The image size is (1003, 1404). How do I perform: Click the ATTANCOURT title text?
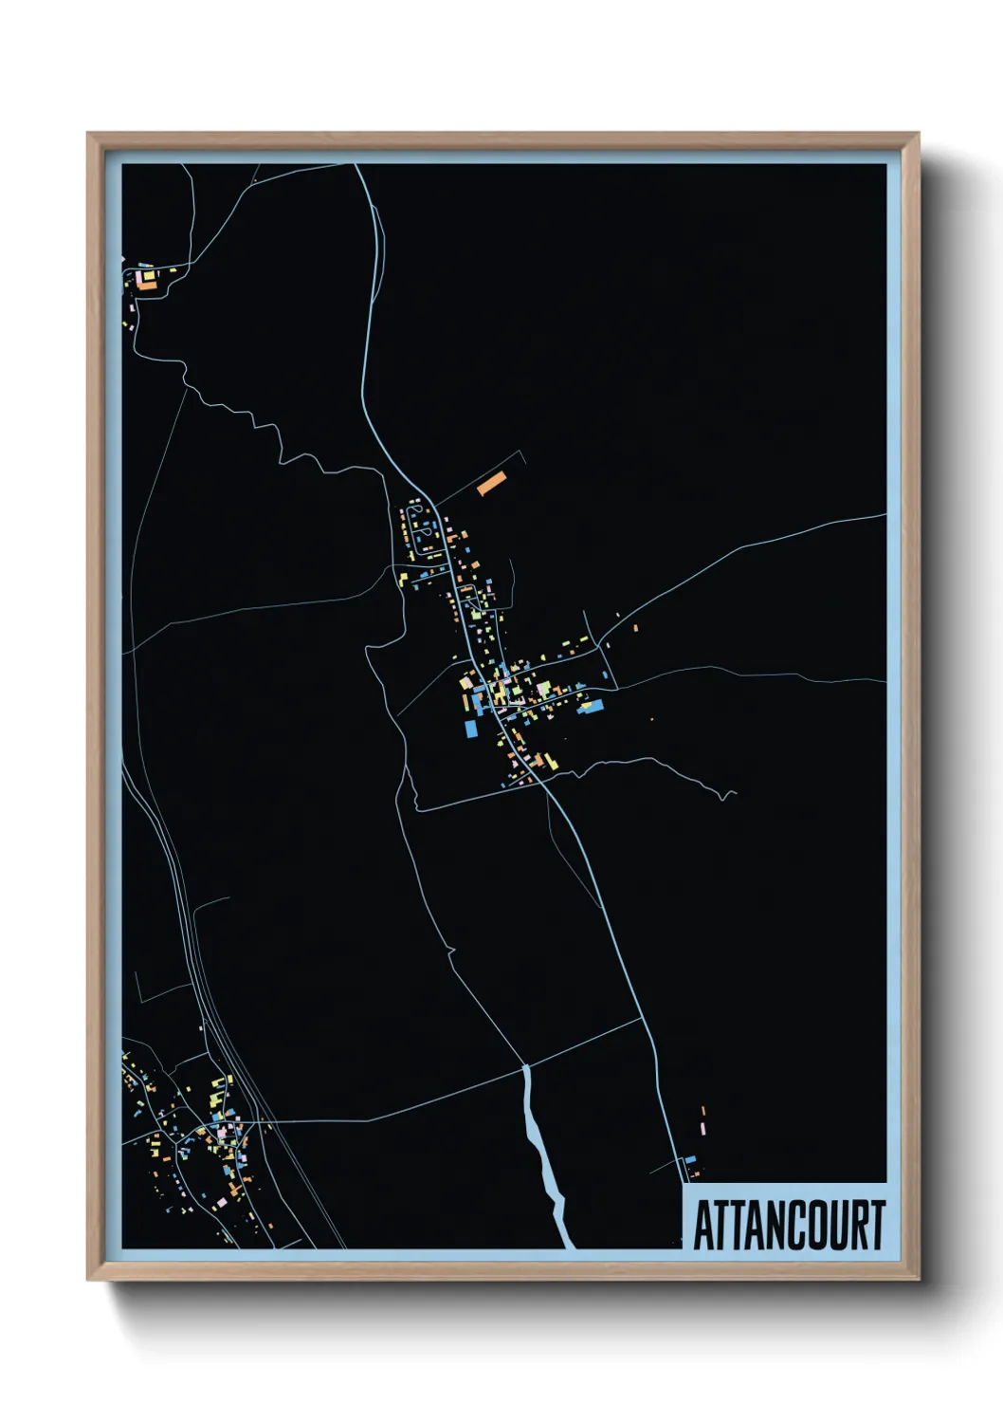(x=789, y=1225)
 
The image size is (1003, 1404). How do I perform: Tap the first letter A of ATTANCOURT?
(x=705, y=1225)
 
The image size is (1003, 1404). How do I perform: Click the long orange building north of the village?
(x=492, y=484)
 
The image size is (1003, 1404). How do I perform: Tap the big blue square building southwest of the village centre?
(x=471, y=729)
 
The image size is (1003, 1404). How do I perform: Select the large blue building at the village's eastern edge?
(x=591, y=707)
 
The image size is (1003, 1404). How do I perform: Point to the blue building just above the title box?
(x=690, y=1159)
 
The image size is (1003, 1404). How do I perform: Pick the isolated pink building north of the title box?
(x=703, y=1128)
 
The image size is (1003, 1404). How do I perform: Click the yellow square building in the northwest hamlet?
(x=149, y=275)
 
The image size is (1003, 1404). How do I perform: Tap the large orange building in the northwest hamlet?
(x=148, y=285)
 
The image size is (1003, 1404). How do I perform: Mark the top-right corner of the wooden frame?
(x=918, y=134)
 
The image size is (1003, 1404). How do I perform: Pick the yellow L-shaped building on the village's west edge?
(x=465, y=681)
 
